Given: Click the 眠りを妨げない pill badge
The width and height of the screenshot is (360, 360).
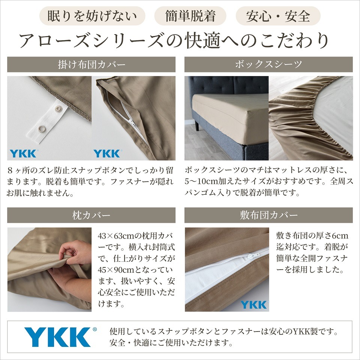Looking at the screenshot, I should [x=92, y=16].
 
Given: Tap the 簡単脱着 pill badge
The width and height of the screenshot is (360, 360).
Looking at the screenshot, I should [x=190, y=16].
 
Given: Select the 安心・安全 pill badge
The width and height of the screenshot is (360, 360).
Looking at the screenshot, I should [x=278, y=16].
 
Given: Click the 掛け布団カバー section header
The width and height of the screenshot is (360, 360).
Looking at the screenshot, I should [x=91, y=64].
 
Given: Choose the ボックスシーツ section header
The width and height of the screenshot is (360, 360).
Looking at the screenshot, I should [x=268, y=64].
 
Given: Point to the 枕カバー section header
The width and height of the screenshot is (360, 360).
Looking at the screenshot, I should [x=91, y=215].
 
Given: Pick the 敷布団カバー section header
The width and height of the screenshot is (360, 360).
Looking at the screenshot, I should [x=268, y=215].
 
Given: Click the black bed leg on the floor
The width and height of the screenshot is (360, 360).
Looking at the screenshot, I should [x=197, y=125].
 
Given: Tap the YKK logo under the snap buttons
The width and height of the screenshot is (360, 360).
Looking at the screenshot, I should [x=23, y=153].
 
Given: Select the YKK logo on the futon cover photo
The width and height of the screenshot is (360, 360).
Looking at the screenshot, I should [x=254, y=304].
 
